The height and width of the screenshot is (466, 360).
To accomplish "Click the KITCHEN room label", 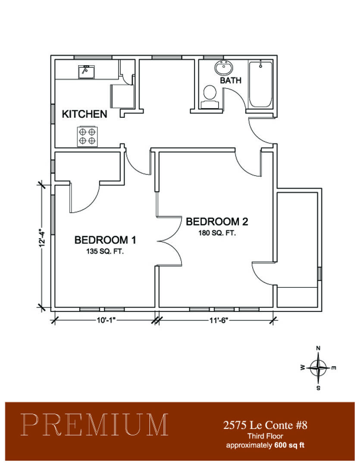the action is (x=85, y=114).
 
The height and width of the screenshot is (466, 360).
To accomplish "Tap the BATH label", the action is (x=231, y=81).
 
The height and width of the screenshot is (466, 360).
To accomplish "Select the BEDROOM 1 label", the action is (x=105, y=240).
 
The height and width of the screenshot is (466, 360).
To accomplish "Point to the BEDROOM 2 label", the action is (x=217, y=222).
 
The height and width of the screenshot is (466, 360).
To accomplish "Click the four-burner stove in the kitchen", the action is (x=87, y=136).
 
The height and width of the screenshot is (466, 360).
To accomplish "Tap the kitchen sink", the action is (x=86, y=72).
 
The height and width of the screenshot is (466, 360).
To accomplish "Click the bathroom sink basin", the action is (x=223, y=68).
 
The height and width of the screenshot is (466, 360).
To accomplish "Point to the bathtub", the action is (x=260, y=85).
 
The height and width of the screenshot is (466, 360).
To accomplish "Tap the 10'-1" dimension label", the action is (x=106, y=320).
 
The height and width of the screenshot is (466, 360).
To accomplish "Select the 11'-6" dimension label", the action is (x=218, y=320).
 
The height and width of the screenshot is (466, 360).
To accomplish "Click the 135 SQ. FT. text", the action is (x=105, y=252).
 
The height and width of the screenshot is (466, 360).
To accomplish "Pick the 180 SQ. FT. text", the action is (x=217, y=233).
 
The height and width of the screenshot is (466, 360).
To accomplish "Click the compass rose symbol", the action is (x=318, y=368).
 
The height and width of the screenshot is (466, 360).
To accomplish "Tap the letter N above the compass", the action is (x=318, y=348).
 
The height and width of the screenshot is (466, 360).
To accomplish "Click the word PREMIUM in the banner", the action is (x=94, y=425).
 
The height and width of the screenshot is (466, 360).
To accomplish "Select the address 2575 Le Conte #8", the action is (x=265, y=425).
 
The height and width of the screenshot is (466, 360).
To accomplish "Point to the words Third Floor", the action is (x=265, y=436).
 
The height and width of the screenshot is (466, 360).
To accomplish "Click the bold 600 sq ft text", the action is (x=289, y=445).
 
